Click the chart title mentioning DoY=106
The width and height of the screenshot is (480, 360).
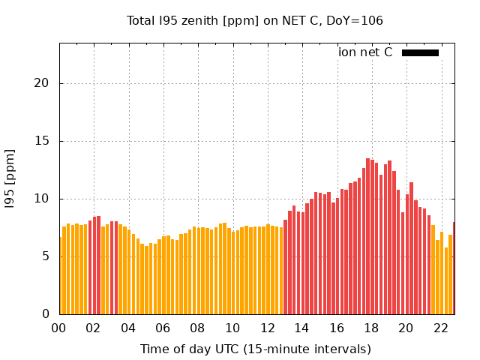click(x=255, y=21)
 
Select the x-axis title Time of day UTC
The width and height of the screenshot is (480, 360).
click(x=255, y=349)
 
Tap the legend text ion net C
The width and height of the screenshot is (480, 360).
click(x=365, y=52)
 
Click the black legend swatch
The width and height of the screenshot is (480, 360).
click(x=420, y=52)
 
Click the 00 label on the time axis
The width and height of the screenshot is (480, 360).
click(x=59, y=328)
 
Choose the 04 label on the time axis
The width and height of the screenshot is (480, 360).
click(x=128, y=328)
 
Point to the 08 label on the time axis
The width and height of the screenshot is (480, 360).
click(x=198, y=328)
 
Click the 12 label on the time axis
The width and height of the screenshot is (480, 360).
click(x=268, y=328)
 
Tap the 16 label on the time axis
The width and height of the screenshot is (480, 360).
click(x=337, y=328)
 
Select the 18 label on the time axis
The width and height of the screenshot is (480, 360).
click(x=372, y=328)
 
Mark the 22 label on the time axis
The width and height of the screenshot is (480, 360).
click(x=441, y=328)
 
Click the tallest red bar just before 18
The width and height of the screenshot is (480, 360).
click(x=368, y=236)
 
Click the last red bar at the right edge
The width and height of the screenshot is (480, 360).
click(x=454, y=268)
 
